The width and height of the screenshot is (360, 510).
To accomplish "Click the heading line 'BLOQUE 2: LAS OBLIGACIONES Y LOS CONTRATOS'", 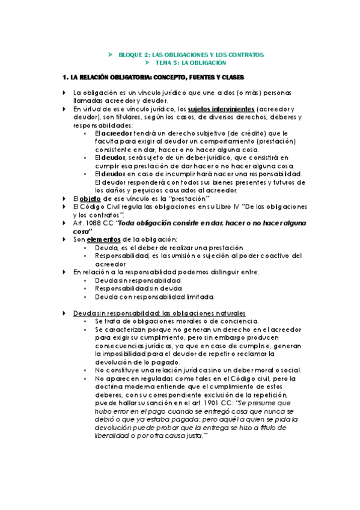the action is pos(191,55).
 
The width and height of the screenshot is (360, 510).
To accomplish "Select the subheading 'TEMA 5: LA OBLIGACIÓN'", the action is pos(191,63).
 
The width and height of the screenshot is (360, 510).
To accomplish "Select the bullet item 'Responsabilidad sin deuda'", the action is pos(138,289).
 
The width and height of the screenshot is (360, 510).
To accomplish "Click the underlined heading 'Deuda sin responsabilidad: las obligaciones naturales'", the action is pos(159,313).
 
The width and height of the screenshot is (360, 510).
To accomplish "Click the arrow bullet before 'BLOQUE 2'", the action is pos(110,55).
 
